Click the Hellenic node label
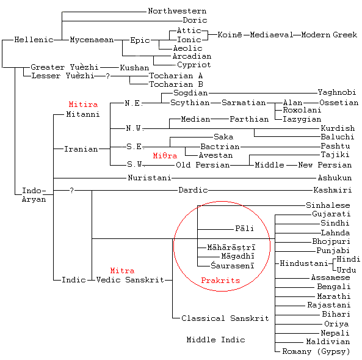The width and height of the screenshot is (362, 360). point(34,40)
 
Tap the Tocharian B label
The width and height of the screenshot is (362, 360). point(176,84)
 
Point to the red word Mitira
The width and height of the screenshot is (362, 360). point(84,105)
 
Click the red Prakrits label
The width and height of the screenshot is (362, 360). point(221,281)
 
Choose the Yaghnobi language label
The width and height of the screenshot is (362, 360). point(337,92)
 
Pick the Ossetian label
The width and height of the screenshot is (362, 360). point(339,103)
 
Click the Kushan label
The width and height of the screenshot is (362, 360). point(134,68)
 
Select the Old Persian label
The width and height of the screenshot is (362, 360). point(203,165)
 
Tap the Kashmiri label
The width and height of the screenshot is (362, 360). point(333,190)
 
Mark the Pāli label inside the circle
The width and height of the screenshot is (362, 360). point(245,229)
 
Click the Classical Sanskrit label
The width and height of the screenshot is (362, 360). point(225,318)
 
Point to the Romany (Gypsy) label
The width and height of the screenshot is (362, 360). point(316,351)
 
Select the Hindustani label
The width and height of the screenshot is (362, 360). point(304,263)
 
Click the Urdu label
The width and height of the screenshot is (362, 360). point(346,270)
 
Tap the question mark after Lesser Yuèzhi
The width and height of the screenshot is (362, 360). point(107,76)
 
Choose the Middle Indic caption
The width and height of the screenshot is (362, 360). point(216,340)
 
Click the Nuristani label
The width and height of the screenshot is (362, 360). point(150,178)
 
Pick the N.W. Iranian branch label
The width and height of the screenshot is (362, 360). point(134,128)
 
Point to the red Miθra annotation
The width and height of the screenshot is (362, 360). point(165,156)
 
